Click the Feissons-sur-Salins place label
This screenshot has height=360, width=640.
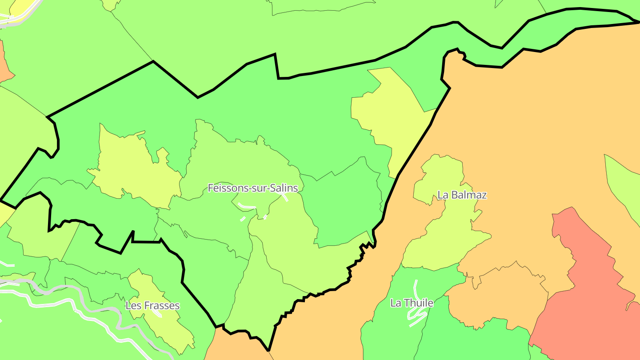252,188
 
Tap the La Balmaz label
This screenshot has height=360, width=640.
462,195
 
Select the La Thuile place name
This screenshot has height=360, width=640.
412,303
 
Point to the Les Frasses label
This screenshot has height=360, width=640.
152,306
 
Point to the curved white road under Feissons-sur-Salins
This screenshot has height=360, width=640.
246,206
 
